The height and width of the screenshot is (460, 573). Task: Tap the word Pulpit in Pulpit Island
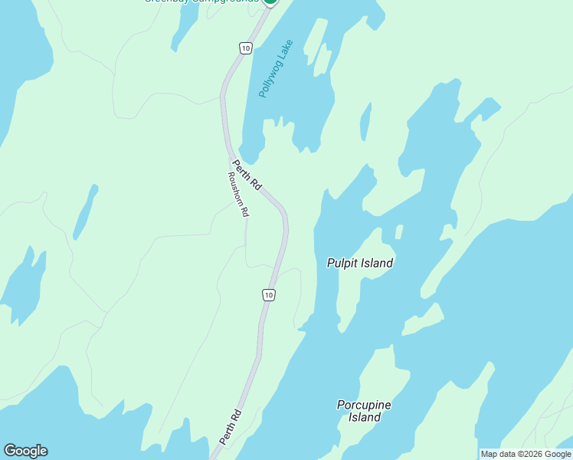tap(342, 263)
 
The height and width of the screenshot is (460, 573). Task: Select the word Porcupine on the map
tap(364, 405)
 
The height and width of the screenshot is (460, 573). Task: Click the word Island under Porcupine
tap(365, 418)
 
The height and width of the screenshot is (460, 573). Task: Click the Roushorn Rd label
tap(238, 193)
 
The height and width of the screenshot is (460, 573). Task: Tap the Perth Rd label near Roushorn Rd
tap(247, 176)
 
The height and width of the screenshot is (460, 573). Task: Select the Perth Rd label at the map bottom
tap(230, 427)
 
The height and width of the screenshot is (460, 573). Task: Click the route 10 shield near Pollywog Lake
tap(244, 48)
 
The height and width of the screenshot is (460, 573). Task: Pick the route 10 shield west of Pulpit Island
tap(267, 294)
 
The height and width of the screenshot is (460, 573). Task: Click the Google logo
tap(25, 451)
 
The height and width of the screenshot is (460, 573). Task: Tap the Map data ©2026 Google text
tap(526, 454)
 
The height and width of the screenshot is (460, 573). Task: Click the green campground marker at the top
tap(270, 2)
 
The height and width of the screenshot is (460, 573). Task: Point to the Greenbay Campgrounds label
tap(201, 2)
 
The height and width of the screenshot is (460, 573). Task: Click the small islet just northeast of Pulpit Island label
tap(398, 232)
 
